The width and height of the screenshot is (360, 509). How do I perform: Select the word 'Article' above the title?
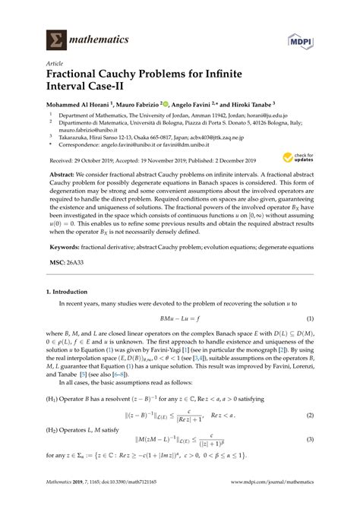pyautogui.click(x=55, y=65)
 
